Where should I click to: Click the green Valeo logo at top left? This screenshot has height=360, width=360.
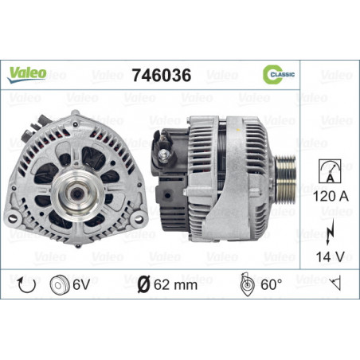(x=27, y=75)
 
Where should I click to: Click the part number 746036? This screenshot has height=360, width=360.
(x=162, y=75)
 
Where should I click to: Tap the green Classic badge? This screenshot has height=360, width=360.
(x=278, y=74)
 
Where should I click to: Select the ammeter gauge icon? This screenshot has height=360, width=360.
(x=330, y=171)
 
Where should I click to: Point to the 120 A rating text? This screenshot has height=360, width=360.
(x=331, y=196)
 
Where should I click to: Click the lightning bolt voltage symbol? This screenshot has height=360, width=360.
(x=330, y=232)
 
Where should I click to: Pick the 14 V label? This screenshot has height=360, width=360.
(x=330, y=256)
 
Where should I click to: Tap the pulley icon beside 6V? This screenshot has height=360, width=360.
(x=60, y=284)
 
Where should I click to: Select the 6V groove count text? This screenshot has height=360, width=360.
(x=81, y=284)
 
